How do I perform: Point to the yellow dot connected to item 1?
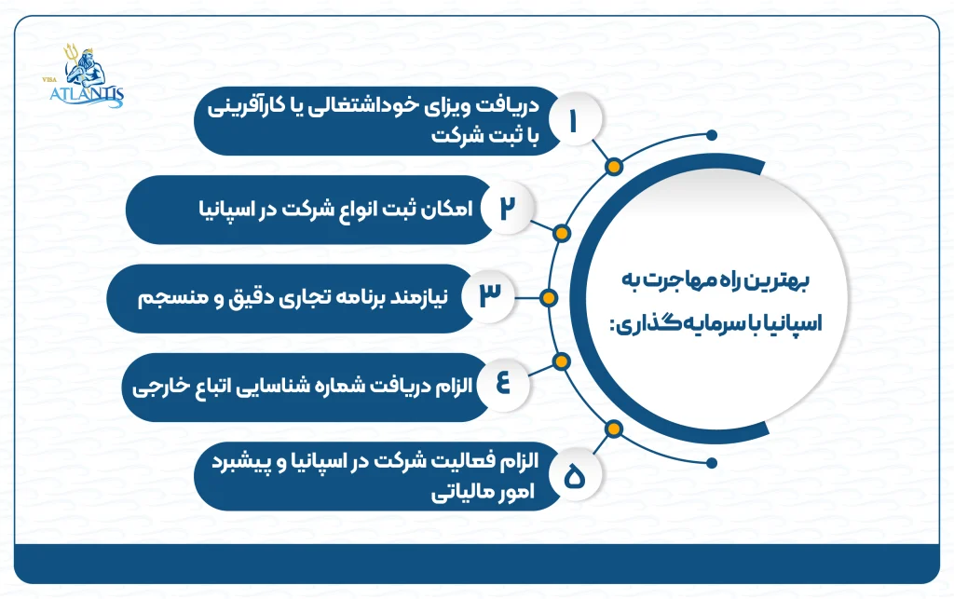pyautogui.click(x=613, y=168)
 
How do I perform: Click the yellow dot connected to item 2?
pyautogui.click(x=562, y=232)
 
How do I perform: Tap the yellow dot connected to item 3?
pyautogui.click(x=549, y=298)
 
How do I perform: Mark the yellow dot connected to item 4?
pyautogui.click(x=561, y=361)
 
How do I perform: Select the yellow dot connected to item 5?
pyautogui.click(x=613, y=429)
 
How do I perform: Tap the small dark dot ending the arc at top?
pyautogui.click(x=713, y=134)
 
